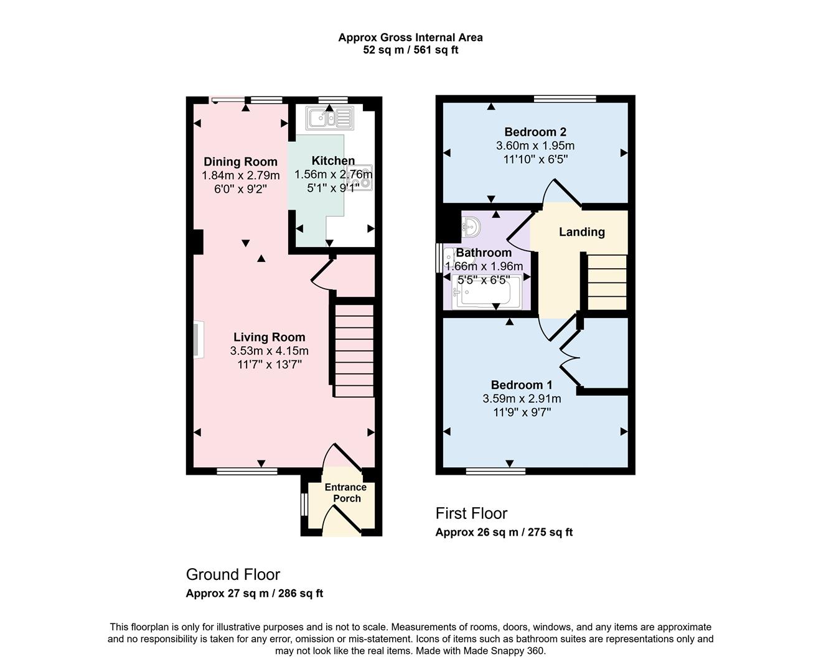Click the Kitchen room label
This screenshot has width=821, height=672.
pyautogui.click(x=333, y=161)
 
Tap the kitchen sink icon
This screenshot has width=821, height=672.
pyautogui.click(x=329, y=118)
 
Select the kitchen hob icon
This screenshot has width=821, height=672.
pyautogui.click(x=364, y=177)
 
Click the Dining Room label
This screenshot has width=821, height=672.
pyautogui.click(x=240, y=162)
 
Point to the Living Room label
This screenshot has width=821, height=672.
pyautogui.click(x=269, y=337)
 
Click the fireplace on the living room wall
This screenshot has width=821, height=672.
pyautogui.click(x=197, y=340)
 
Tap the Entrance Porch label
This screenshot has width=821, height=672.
pyautogui.click(x=346, y=493)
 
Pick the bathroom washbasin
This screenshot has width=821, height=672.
pyautogui.click(x=471, y=226)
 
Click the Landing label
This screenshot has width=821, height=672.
pyautogui.click(x=581, y=232)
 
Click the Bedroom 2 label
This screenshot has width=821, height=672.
pyautogui.click(x=535, y=132)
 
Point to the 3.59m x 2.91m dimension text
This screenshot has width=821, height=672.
pyautogui.click(x=522, y=399)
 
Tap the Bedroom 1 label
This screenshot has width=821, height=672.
pyautogui.click(x=521, y=385)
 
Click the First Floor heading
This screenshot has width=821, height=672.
pyautogui.click(x=471, y=513)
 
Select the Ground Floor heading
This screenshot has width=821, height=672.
pyautogui.click(x=233, y=574)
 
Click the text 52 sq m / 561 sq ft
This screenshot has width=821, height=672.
pyautogui.click(x=410, y=50)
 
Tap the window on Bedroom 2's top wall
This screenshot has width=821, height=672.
pyautogui.click(x=565, y=98)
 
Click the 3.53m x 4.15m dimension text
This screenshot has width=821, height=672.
pyautogui.click(x=269, y=351)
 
